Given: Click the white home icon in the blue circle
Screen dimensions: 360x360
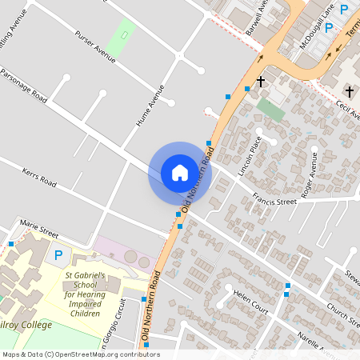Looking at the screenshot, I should (x=180, y=172).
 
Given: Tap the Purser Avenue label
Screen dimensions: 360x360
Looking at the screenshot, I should (x=95, y=49).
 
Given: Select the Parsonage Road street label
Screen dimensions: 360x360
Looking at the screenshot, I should (x=24, y=87).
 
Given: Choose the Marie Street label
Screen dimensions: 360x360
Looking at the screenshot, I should (x=39, y=229).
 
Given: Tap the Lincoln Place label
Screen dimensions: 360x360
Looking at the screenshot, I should (x=250, y=155).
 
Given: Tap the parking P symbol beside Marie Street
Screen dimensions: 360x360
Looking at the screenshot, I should (x=58, y=257).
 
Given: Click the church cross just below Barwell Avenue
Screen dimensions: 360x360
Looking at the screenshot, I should (x=260, y=82).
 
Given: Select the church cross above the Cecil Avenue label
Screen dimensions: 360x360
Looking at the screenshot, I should (x=348, y=90).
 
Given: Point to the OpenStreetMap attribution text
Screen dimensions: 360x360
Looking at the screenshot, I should (x=80, y=354).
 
